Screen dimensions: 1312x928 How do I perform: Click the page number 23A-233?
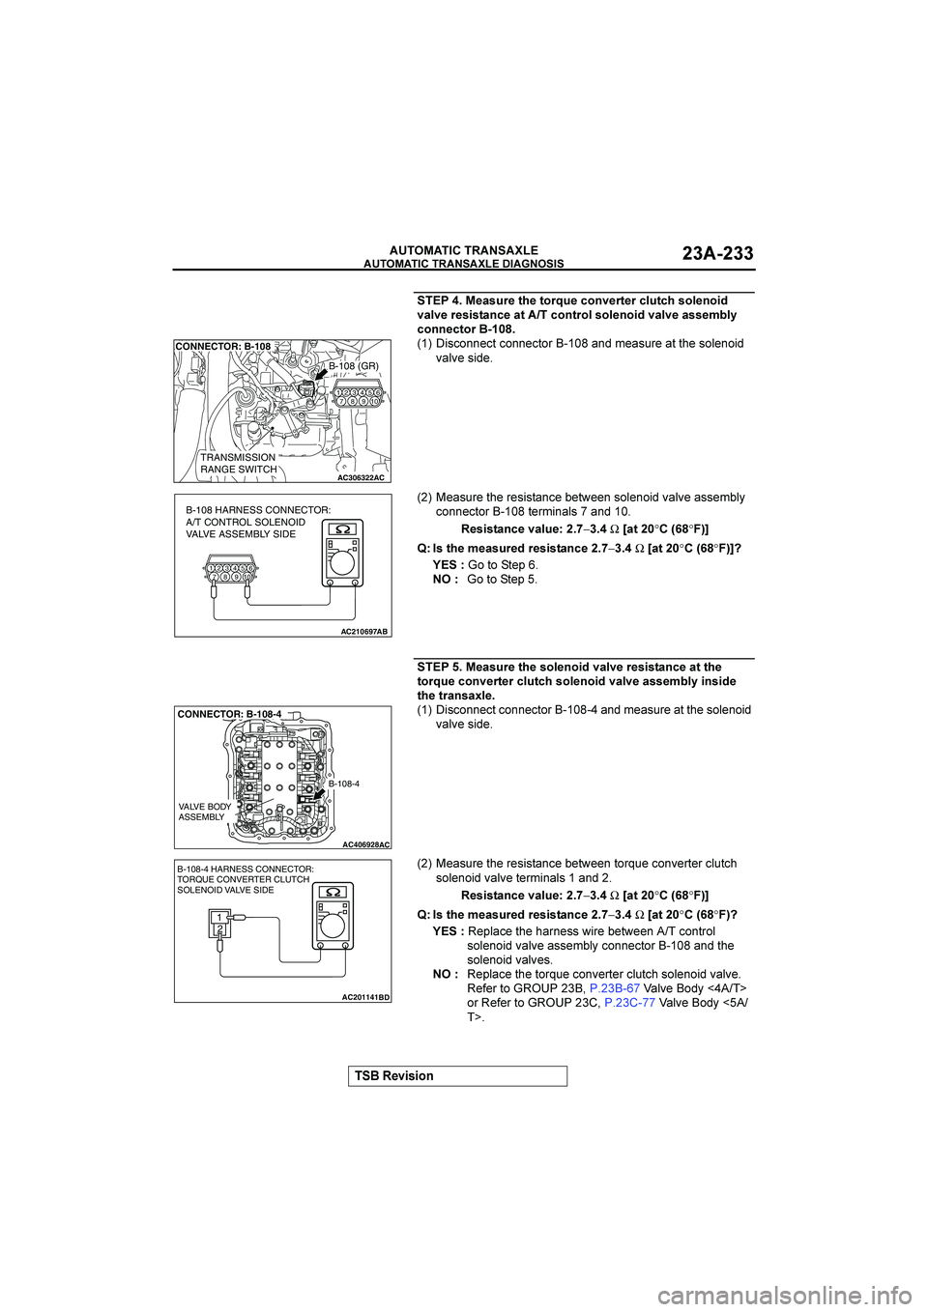click(x=717, y=254)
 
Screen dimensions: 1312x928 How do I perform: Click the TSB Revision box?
click(x=458, y=1076)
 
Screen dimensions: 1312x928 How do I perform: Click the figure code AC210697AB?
click(x=363, y=631)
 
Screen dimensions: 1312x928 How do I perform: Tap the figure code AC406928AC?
click(x=365, y=844)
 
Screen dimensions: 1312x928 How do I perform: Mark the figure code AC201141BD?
click(x=365, y=996)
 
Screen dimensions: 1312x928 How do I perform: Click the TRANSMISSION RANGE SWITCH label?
click(x=238, y=464)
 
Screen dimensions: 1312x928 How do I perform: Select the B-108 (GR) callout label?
click(x=353, y=366)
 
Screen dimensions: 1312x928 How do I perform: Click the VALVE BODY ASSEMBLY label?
click(x=205, y=812)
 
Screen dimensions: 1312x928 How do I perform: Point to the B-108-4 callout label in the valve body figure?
click(x=343, y=784)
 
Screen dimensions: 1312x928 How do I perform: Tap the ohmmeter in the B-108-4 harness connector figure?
click(x=332, y=919)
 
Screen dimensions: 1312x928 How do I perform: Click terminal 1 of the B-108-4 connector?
click(x=220, y=917)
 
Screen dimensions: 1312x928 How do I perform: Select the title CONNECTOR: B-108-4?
click(x=229, y=714)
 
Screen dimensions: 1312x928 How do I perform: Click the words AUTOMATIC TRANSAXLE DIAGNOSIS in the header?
click(x=463, y=264)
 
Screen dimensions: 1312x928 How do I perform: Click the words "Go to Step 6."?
click(x=503, y=565)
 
